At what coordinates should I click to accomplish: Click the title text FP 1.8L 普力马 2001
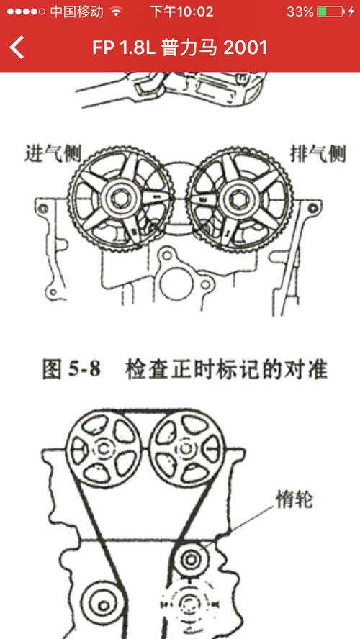coord(180,47)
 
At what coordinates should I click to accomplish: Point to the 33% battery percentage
coord(300,12)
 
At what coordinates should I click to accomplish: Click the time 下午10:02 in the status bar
coord(181,12)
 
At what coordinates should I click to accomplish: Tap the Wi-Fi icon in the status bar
coord(116,12)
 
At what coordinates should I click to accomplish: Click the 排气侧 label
coord(317,153)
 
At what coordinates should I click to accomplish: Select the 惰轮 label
coord(293,499)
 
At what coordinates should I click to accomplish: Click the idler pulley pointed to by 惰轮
coord(192,558)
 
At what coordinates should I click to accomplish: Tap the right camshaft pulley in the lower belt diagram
coord(186,448)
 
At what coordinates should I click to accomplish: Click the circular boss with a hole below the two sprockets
coord(170,256)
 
